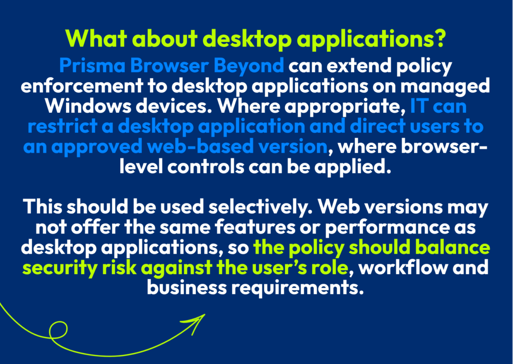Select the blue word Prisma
tap(92, 66)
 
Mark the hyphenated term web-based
tap(200, 146)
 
